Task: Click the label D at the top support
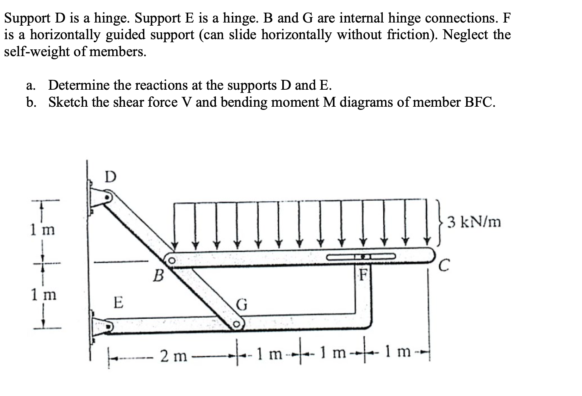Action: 111,177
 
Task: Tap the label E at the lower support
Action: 118,304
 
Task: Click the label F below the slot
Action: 364,273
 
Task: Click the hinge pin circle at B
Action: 172,261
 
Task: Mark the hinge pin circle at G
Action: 236,324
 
